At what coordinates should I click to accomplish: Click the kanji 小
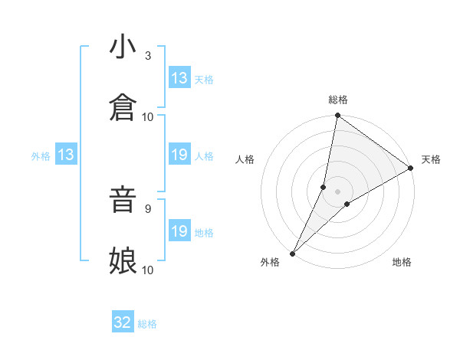(x=123, y=47)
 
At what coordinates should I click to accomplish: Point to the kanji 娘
(x=123, y=260)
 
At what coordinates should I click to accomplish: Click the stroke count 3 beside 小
(x=147, y=56)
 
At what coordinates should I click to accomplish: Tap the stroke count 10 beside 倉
(x=148, y=116)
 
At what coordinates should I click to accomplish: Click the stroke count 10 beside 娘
(x=148, y=270)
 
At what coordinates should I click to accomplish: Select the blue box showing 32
(x=123, y=323)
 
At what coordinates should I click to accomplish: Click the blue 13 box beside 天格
(x=179, y=78)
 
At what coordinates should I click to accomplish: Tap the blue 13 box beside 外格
(x=66, y=155)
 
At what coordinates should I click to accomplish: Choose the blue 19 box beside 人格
(x=179, y=155)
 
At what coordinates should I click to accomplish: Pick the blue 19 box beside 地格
(x=179, y=231)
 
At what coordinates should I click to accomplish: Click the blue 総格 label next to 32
(x=148, y=324)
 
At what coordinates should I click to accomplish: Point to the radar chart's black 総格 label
(x=338, y=100)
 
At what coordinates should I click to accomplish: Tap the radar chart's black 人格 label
(x=245, y=159)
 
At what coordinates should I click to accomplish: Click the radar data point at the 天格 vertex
(x=411, y=169)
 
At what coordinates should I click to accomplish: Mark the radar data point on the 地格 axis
(x=347, y=204)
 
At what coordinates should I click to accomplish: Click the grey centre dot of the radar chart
(x=338, y=191)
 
